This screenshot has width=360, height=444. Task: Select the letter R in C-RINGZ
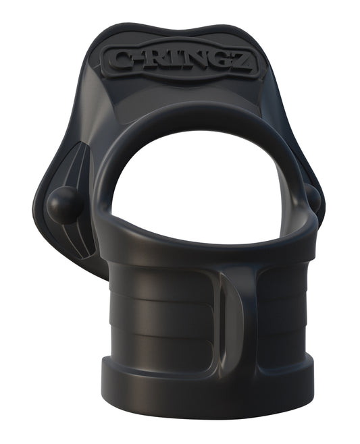[165, 62]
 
